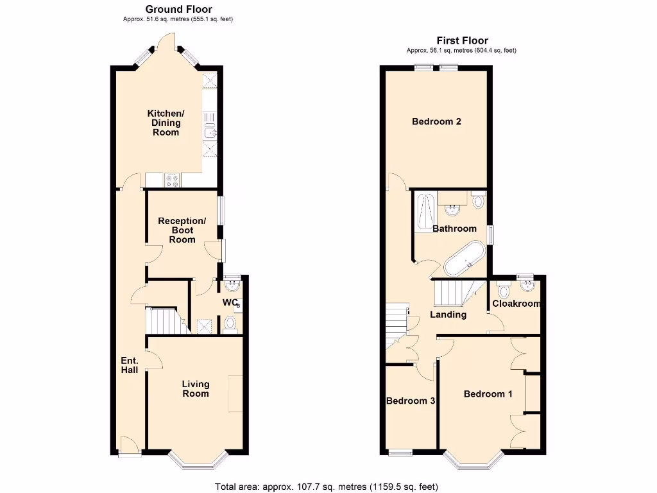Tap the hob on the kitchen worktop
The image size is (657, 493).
[173, 181]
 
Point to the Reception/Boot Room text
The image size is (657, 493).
[182, 230]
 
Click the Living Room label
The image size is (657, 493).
[196, 388]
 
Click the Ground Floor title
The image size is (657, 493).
[178, 9]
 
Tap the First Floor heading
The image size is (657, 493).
[462, 40]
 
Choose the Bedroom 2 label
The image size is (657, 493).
[436, 121]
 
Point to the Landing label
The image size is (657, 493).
[448, 315]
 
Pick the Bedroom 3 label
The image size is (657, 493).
[411, 401]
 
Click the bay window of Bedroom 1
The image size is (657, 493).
[475, 458]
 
